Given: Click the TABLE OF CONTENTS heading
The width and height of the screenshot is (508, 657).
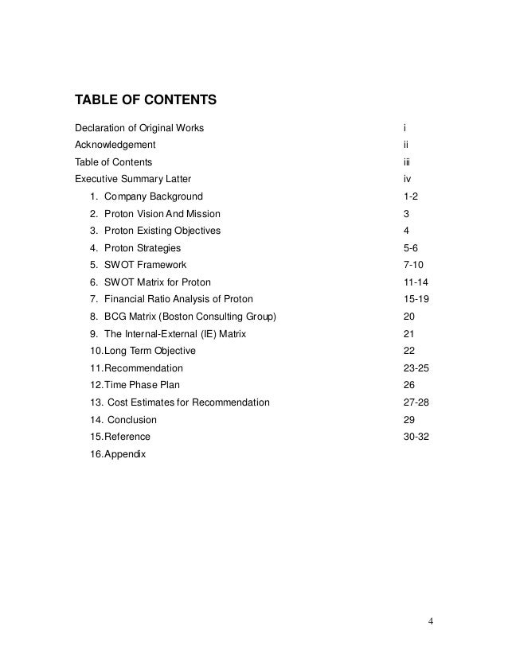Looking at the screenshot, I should click(x=145, y=101).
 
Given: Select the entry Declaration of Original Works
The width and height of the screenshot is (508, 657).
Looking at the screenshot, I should click(x=139, y=128).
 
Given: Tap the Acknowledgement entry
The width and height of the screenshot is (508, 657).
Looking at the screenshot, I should click(x=115, y=145).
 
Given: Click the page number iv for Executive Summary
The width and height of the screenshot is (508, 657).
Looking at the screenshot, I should click(x=408, y=179).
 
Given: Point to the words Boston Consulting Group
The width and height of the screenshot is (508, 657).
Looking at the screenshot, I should click(x=226, y=317).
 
